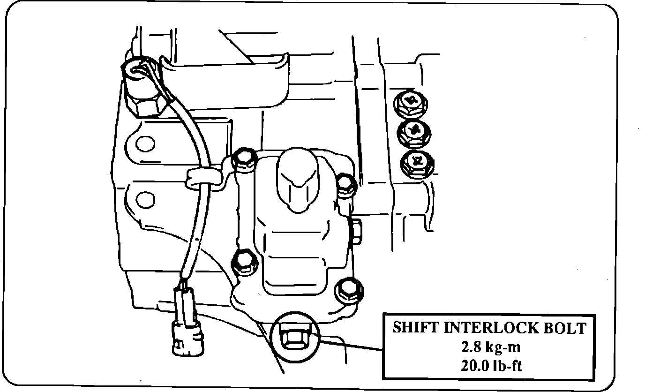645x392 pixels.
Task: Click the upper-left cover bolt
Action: coord(243,159)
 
